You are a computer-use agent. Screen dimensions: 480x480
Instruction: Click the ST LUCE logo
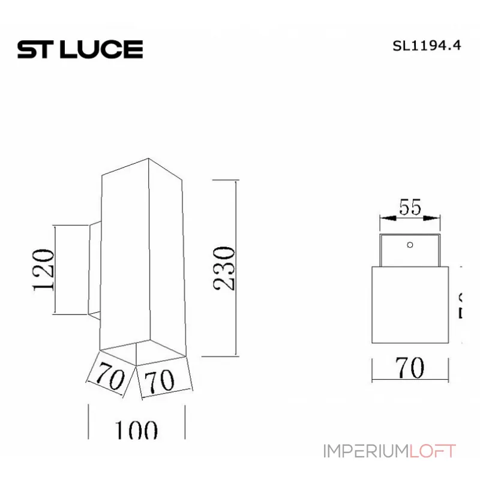(80, 49)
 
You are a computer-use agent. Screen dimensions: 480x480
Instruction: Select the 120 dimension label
(43, 269)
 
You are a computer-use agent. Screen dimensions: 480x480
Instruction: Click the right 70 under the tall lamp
(160, 380)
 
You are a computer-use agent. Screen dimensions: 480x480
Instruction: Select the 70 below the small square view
(410, 367)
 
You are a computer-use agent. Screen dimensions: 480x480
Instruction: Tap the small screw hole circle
(410, 244)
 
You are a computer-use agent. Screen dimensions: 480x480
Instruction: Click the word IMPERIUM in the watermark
(365, 451)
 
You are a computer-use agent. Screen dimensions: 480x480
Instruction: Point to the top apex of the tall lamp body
(148, 159)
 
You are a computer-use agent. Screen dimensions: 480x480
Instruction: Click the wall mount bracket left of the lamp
(95, 269)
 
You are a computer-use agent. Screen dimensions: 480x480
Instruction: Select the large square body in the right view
(410, 304)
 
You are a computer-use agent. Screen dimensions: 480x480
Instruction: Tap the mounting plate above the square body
(410, 251)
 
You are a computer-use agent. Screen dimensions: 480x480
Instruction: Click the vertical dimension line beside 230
(238, 267)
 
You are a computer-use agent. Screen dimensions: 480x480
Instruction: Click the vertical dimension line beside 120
(55, 269)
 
